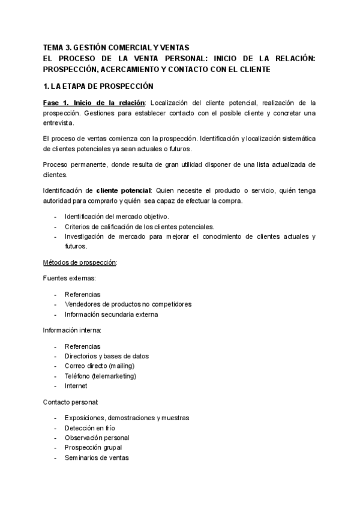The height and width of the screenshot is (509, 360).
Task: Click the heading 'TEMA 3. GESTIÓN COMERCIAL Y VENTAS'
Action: pyautogui.click(x=116, y=47)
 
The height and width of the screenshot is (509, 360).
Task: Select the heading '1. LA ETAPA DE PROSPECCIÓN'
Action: pyautogui.click(x=98, y=86)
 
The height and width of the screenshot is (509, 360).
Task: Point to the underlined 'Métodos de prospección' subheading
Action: pyautogui.click(x=80, y=263)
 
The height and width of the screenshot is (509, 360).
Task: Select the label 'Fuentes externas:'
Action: pyautogui.click(x=70, y=279)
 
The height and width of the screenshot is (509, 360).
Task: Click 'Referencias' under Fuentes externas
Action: pyautogui.click(x=82, y=294)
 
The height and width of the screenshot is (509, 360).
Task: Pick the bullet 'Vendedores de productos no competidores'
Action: pyautogui.click(x=128, y=304)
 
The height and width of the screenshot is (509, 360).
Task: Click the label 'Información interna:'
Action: pyautogui.click(x=72, y=330)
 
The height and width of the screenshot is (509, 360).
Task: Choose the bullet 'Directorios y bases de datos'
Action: pyautogui.click(x=106, y=356)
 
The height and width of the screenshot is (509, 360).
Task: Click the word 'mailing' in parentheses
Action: pyautogui.click(x=121, y=366)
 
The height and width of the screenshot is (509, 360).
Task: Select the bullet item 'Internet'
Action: pyautogui.click(x=76, y=387)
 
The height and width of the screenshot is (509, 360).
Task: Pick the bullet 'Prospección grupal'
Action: pyautogui.click(x=93, y=448)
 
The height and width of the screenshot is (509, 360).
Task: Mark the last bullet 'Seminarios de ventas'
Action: pyautogui.click(x=96, y=458)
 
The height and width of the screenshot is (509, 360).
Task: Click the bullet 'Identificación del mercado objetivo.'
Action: pyautogui.click(x=116, y=216)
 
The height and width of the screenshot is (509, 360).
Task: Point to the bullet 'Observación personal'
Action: pyautogui.click(x=97, y=438)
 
